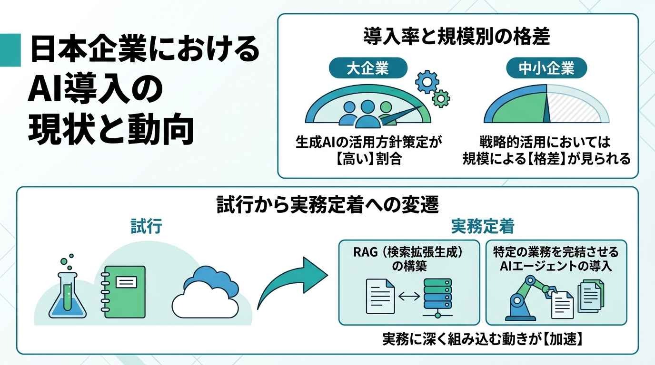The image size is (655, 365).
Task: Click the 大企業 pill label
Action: (368, 68)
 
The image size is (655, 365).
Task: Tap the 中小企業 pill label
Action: (546, 68)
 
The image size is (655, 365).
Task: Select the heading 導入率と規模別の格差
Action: (456, 37)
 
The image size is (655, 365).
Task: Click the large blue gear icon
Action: (427, 82)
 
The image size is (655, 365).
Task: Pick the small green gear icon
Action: (441, 99)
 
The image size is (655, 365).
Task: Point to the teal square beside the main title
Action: (10, 50)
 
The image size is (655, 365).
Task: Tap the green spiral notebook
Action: (123, 292)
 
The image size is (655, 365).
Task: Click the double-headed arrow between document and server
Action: (409, 297)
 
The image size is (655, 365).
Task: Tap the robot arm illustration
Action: (526, 298)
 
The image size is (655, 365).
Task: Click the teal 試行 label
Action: (146, 226)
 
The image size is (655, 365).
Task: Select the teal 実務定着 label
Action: (483, 226)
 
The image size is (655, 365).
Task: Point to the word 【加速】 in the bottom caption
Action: (563, 339)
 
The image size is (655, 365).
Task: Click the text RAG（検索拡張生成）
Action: (409, 252)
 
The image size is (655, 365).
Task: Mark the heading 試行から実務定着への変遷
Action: (327, 205)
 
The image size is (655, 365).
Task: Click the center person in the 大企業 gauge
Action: (368, 114)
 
